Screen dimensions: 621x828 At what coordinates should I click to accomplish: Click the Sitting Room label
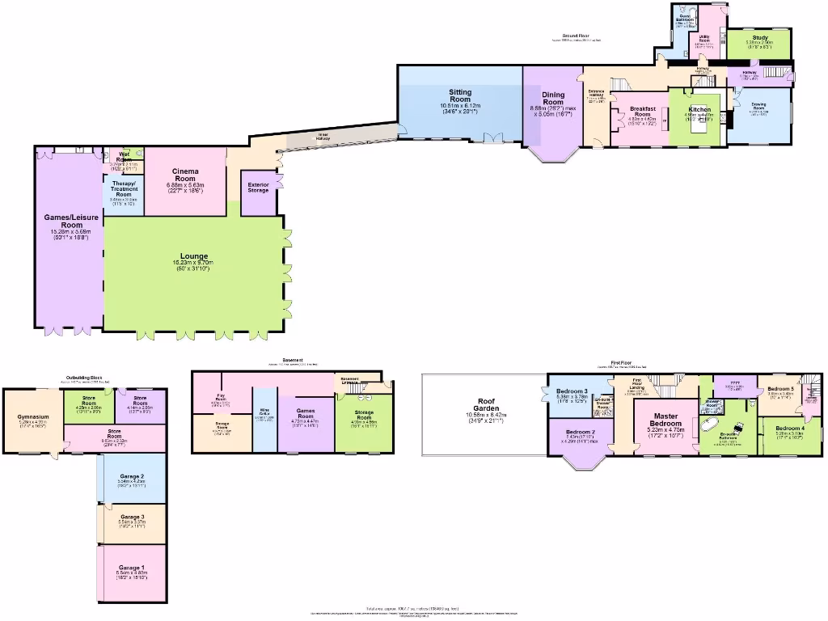click(x=460, y=97)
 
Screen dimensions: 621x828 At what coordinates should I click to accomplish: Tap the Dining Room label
click(x=553, y=99)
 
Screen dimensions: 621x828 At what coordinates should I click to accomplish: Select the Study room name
click(x=759, y=37)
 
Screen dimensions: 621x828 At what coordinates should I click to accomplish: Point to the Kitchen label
click(x=699, y=109)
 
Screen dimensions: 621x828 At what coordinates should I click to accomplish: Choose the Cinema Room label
click(x=187, y=175)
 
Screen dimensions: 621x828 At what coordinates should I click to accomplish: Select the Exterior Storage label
click(x=259, y=187)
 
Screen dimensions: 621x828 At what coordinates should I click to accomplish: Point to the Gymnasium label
click(x=34, y=417)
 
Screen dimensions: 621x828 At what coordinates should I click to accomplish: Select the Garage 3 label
click(x=132, y=517)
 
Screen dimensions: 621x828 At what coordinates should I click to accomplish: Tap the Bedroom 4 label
click(x=790, y=428)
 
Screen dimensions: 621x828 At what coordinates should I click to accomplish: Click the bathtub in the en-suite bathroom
click(x=711, y=423)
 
